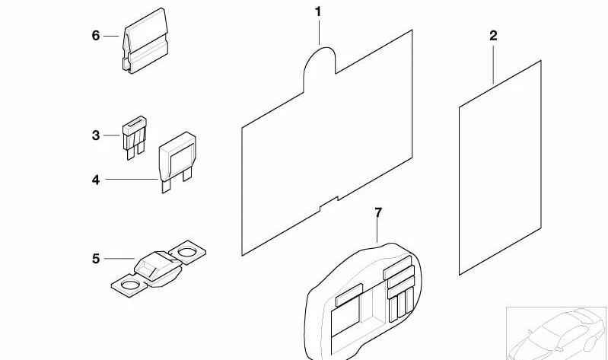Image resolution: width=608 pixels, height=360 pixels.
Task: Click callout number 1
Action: tap(318, 12)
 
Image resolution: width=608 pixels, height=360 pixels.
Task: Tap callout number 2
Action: tap(493, 36)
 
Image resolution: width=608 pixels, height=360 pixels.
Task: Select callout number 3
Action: tap(96, 135)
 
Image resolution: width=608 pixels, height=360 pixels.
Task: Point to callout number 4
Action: tap(96, 180)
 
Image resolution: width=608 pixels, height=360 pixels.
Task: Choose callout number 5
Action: tap(96, 259)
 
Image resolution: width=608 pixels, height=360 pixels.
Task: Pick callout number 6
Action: tap(96, 36)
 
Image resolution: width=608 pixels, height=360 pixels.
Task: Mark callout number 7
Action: tap(378, 212)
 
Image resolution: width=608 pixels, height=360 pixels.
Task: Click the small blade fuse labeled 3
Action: tap(134, 137)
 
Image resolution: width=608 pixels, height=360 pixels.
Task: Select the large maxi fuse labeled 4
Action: tap(177, 161)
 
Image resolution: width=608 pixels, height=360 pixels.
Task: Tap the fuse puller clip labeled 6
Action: tap(145, 41)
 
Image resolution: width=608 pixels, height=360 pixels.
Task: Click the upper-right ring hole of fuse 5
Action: tap(187, 253)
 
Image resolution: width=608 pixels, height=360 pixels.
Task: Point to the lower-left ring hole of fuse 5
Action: tap(130, 285)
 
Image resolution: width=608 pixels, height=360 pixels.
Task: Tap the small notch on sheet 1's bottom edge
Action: tap(329, 204)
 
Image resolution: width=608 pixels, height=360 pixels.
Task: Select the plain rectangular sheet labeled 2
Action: tap(500, 167)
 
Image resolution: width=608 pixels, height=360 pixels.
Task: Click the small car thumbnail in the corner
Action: tap(557, 333)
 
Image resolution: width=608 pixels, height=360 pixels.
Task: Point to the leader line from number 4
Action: tap(132, 179)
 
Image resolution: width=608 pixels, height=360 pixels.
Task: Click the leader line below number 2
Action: tap(493, 65)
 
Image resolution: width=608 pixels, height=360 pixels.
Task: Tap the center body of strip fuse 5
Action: tap(158, 269)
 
